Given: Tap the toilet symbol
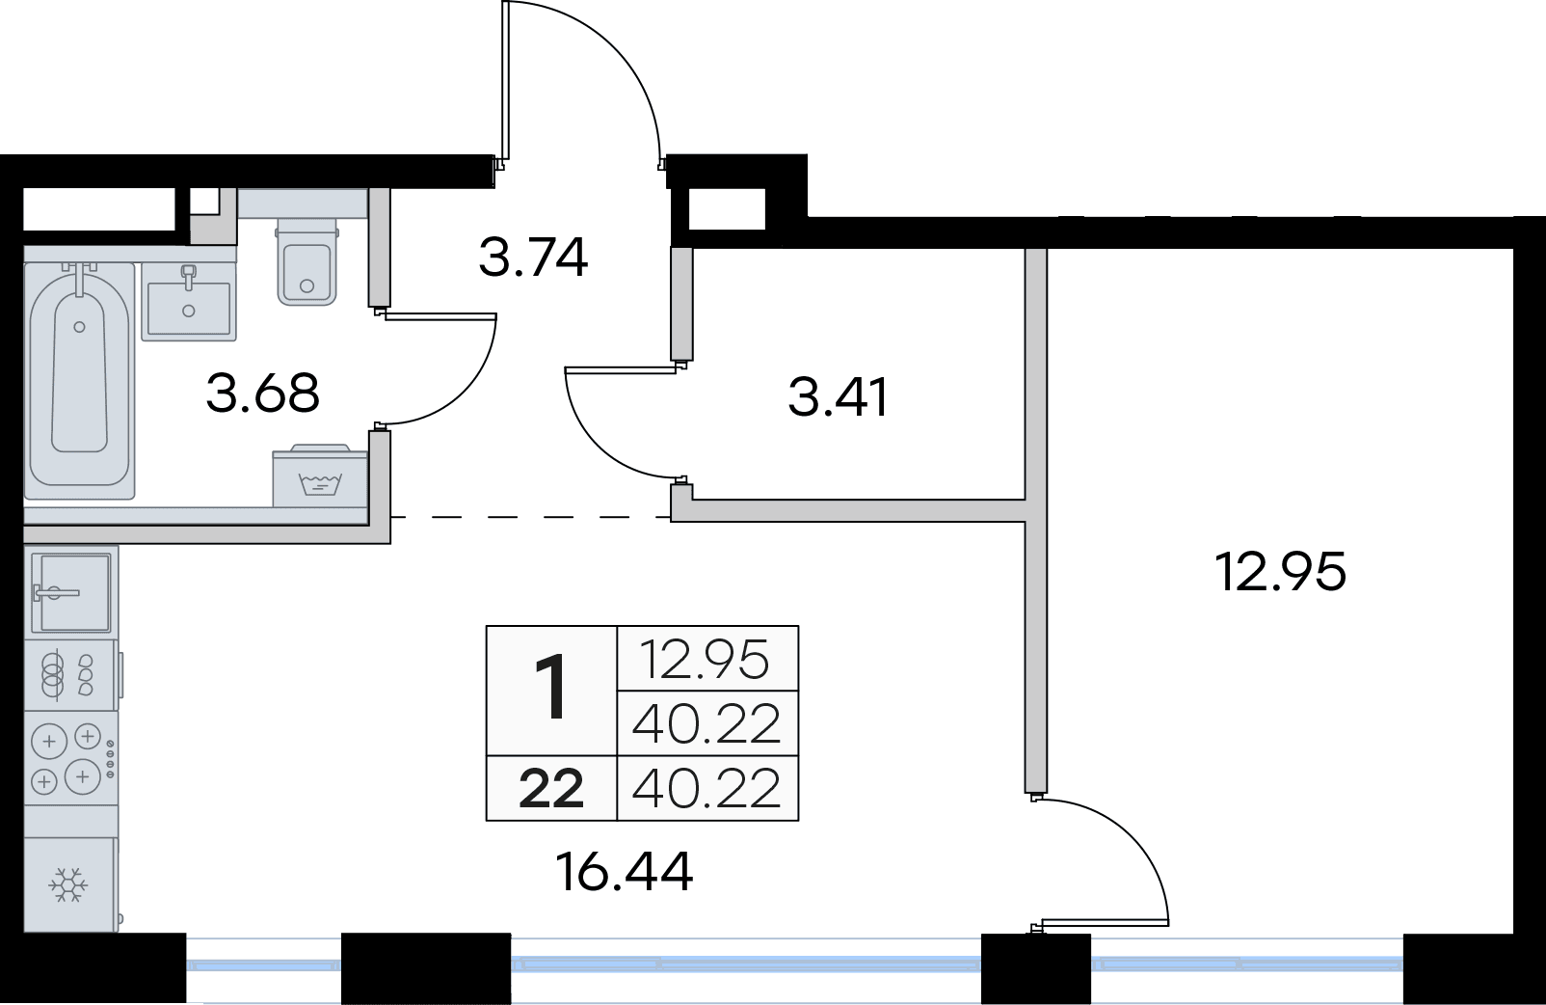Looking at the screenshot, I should click(x=307, y=262).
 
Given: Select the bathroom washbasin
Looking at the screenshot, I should click(x=188, y=300).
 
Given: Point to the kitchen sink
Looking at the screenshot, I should click(x=71, y=591).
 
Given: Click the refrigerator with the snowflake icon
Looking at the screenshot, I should click(x=69, y=884).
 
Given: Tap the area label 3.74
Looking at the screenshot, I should click(x=533, y=258).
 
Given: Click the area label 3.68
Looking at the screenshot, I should click(x=262, y=394).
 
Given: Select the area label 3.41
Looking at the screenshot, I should click(x=838, y=396).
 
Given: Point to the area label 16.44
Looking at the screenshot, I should click(x=625, y=872).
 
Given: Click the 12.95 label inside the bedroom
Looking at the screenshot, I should click(x=1280, y=571).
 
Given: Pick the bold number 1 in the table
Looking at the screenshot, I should click(x=552, y=689).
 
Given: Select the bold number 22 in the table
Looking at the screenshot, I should click(x=551, y=790).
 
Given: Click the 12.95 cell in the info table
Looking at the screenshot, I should click(x=706, y=660).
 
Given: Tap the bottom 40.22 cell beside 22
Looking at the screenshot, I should click(x=706, y=790).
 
